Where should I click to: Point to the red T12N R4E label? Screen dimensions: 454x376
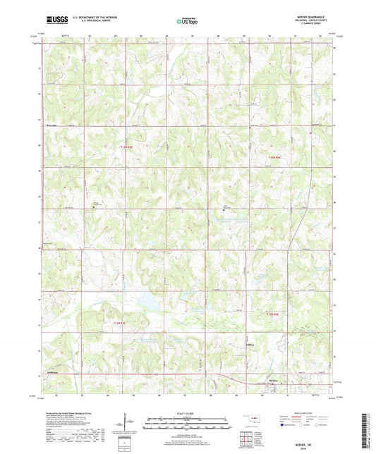(274, 314)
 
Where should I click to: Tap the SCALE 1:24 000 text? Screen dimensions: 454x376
(188, 413)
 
